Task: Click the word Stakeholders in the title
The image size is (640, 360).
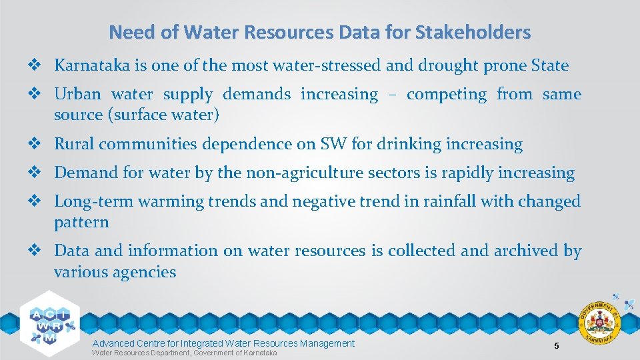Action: pos(477,32)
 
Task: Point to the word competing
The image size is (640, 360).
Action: pos(447,94)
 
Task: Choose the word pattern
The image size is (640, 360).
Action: pos(81,222)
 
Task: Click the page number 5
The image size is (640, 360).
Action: pos(556,345)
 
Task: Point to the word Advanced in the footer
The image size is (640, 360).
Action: pos(113,343)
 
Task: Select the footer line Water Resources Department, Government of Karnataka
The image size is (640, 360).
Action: pos(184,352)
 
